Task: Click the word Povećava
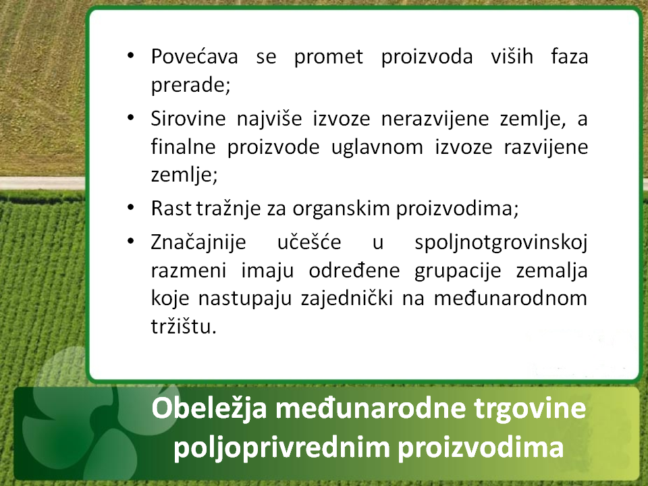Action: point(194,57)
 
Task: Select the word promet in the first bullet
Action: point(329,57)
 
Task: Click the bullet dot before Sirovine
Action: point(130,117)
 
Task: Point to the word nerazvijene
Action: point(435,119)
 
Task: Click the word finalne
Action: point(183,146)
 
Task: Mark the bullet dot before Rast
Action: point(130,207)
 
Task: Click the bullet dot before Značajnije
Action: point(130,240)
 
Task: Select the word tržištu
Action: point(184,327)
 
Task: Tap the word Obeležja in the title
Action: point(209,409)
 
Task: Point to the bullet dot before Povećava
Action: point(130,55)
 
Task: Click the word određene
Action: point(354,271)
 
